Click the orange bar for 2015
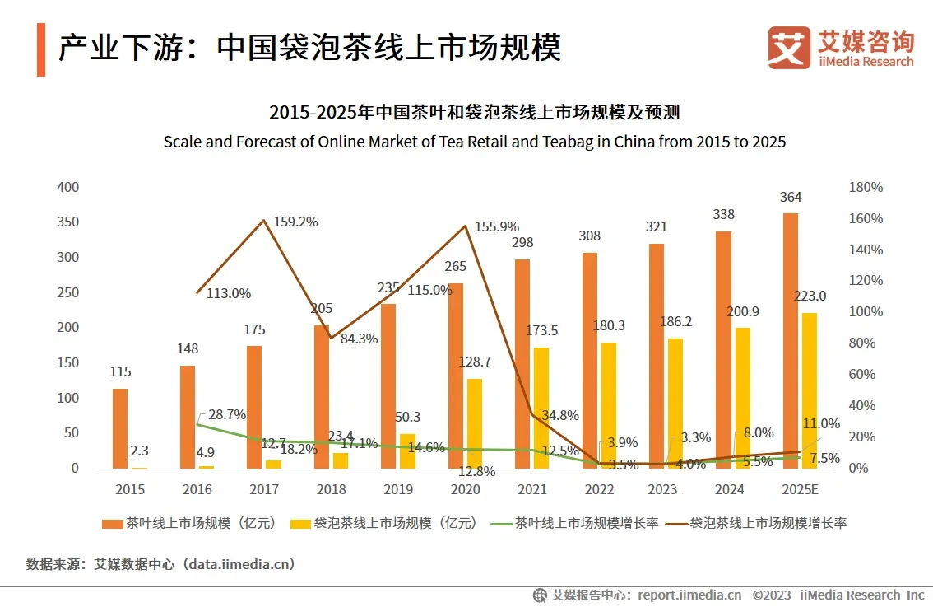pos(120,428)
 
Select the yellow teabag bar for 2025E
pos(809,390)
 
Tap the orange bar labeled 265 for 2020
pos(455,376)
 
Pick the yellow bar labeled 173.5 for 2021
pos(541,408)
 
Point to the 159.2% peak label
pos(295,222)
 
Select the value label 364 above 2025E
pos(791,197)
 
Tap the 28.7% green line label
pos(227,414)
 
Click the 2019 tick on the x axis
pos(398,489)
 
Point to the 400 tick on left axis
pos(69,187)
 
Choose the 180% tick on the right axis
pos(865,187)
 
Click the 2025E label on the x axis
pos(800,489)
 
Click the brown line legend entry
pos(756,522)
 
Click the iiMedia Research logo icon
pos(789,47)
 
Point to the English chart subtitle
pos(474,142)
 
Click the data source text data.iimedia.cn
pos(239,564)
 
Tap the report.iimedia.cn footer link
pos(689,595)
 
